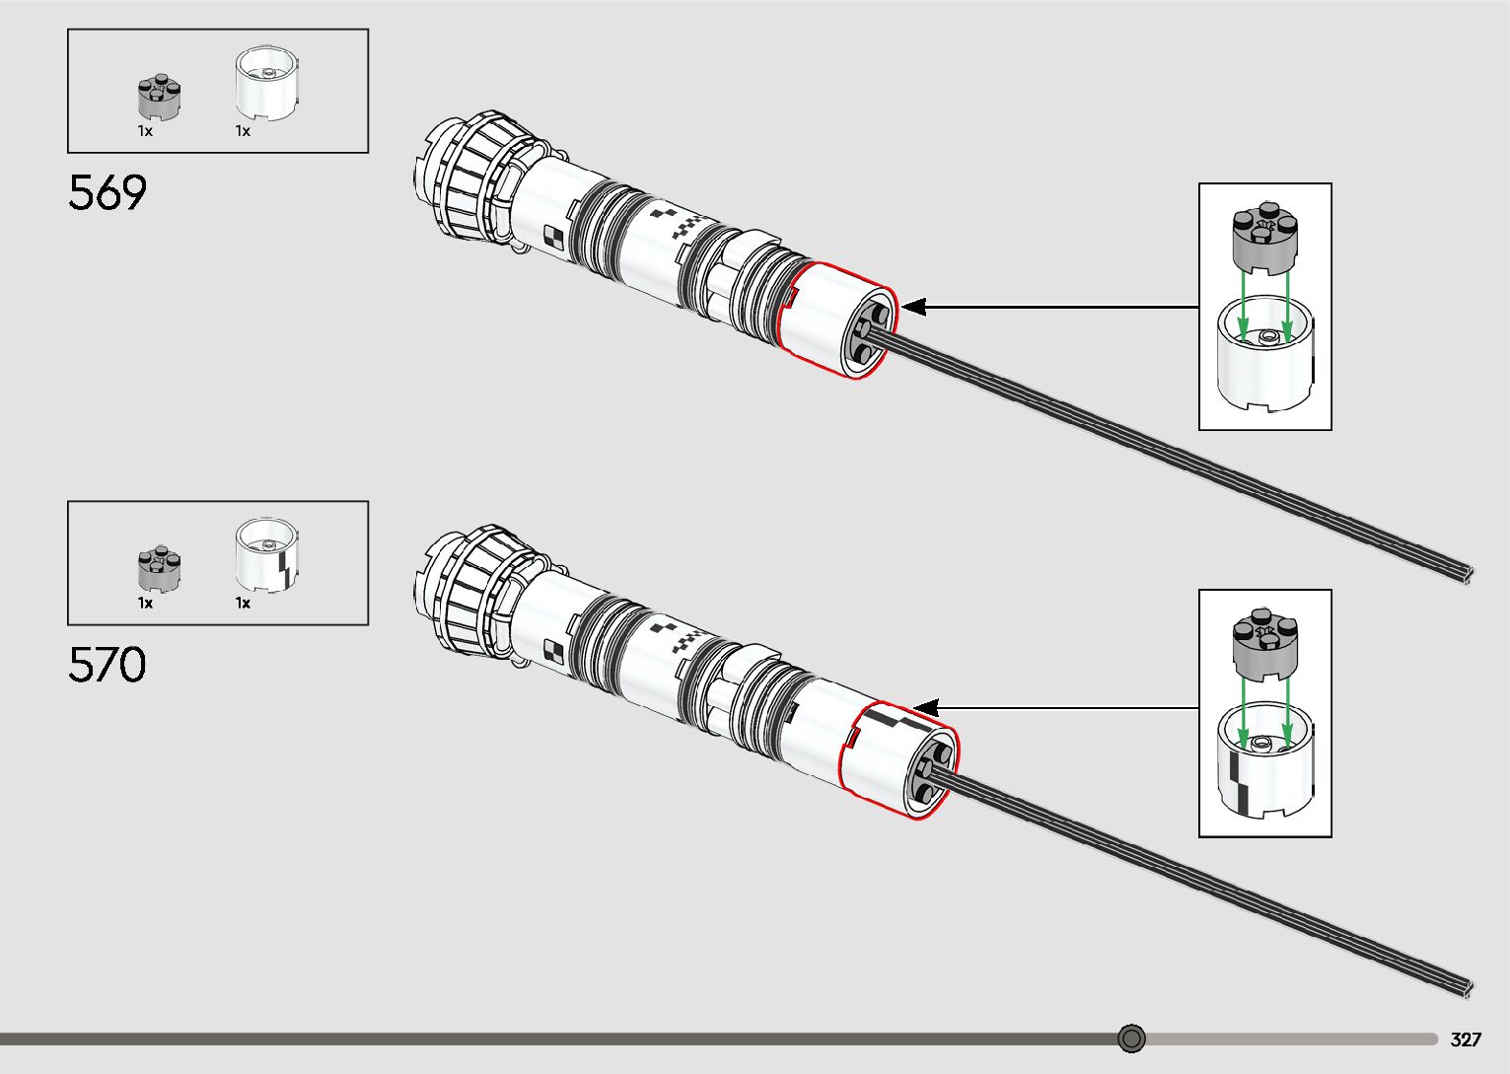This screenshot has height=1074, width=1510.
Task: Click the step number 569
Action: pyautogui.click(x=108, y=192)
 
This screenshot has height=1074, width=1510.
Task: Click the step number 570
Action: pyautogui.click(x=108, y=665)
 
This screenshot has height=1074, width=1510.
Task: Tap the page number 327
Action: pyautogui.click(x=1466, y=1039)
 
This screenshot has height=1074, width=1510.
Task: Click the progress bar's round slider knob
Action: pyautogui.click(x=1132, y=1038)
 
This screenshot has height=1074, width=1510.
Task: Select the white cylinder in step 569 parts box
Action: pyautogui.click(x=266, y=85)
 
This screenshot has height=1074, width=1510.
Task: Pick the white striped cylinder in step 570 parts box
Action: pyautogui.click(x=266, y=557)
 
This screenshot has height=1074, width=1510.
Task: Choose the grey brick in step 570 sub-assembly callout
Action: pyautogui.click(x=1265, y=644)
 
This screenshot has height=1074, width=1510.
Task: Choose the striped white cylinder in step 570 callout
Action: pyautogui.click(x=1265, y=763)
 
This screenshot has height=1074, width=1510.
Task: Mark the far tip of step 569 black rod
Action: pyautogui.click(x=1469, y=577)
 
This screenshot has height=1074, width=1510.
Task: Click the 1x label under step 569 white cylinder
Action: pyautogui.click(x=243, y=131)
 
